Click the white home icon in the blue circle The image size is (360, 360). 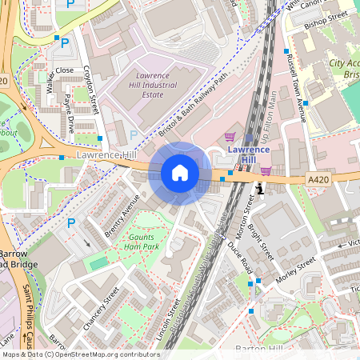180,172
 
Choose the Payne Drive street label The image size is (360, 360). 70,113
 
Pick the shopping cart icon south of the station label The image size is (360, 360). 265,170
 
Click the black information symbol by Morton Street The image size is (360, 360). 258,188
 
